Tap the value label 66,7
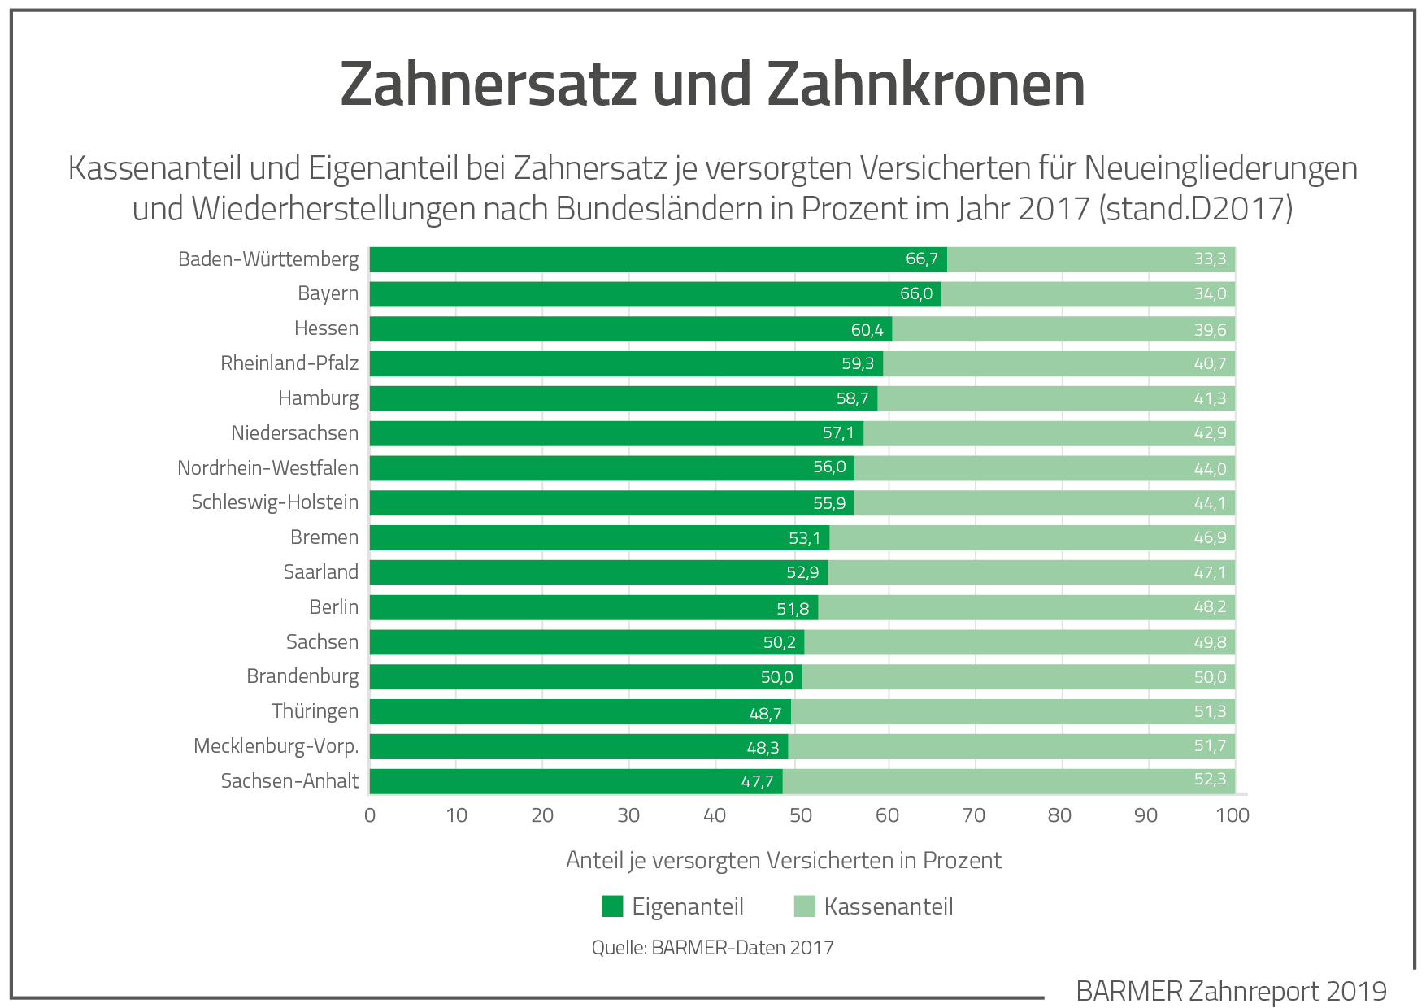tap(922, 259)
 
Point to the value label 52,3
tap(1210, 780)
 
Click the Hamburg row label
tap(318, 398)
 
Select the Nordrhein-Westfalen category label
tap(267, 468)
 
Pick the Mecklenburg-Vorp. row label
tap(276, 746)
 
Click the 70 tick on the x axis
tap(973, 815)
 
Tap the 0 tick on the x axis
tap(370, 815)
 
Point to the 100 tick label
tap(1232, 815)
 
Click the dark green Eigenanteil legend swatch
tap(612, 906)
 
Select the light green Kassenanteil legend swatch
tap(804, 906)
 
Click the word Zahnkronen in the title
tap(926, 85)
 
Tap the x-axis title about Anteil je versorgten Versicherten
tap(783, 860)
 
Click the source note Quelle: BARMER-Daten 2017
tap(712, 948)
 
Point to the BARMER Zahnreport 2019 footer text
tap(1231, 991)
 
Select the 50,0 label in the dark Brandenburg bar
tap(776, 677)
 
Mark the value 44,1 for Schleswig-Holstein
tap(1210, 503)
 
